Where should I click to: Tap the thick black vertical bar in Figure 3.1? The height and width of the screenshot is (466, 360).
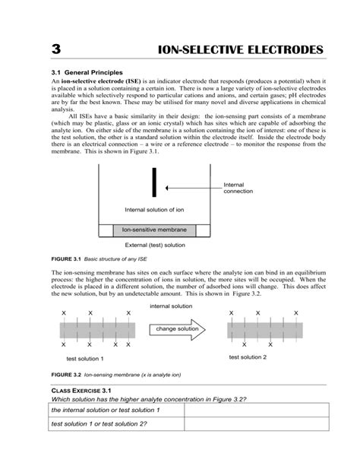(155, 183)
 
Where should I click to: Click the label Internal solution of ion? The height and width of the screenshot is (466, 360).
(153, 209)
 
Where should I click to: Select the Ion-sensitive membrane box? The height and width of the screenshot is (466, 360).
(154, 229)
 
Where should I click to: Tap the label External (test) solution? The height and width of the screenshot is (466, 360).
(155, 246)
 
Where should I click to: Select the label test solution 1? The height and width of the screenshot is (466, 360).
(85, 358)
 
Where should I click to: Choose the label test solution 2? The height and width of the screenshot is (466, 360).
(248, 357)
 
